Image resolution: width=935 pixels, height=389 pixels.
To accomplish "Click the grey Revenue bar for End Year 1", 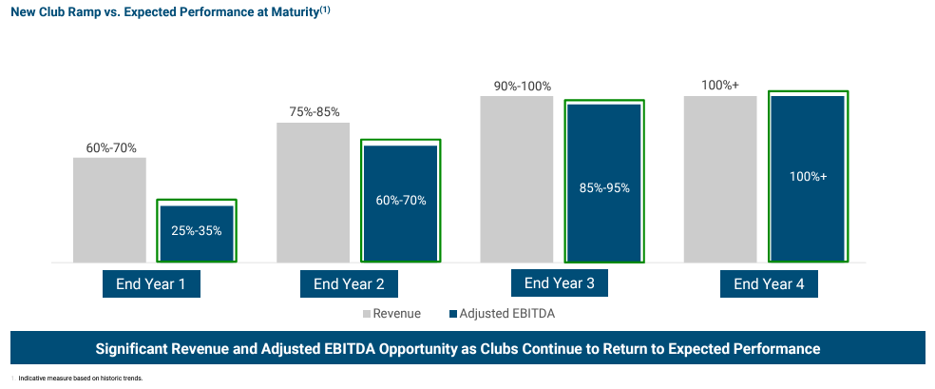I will click(x=109, y=209).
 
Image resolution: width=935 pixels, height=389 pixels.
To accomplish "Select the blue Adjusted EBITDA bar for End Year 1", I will click(x=197, y=233).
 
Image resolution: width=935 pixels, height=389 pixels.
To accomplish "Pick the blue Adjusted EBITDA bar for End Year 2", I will click(x=400, y=203).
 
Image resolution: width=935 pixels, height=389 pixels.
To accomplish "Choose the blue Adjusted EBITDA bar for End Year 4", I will click(x=808, y=178).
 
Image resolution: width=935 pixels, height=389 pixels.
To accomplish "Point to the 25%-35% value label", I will click(x=197, y=229).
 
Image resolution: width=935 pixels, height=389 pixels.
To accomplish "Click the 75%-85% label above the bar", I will click(x=315, y=112).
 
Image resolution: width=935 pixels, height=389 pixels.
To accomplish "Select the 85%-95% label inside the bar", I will click(x=604, y=187).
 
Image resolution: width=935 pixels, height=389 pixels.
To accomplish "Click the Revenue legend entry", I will click(x=391, y=313).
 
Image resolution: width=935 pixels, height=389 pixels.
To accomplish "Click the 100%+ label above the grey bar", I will click(x=720, y=86).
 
